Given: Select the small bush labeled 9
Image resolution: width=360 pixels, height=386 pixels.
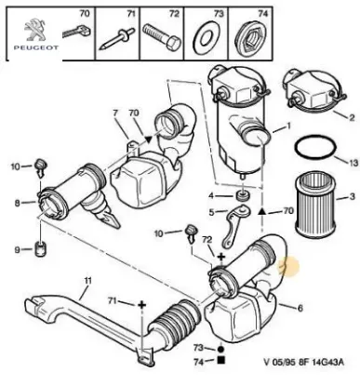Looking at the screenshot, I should pyautogui.click(x=41, y=249).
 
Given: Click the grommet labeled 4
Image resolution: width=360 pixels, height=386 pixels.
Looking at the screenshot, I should pyautogui.click(x=242, y=197).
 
